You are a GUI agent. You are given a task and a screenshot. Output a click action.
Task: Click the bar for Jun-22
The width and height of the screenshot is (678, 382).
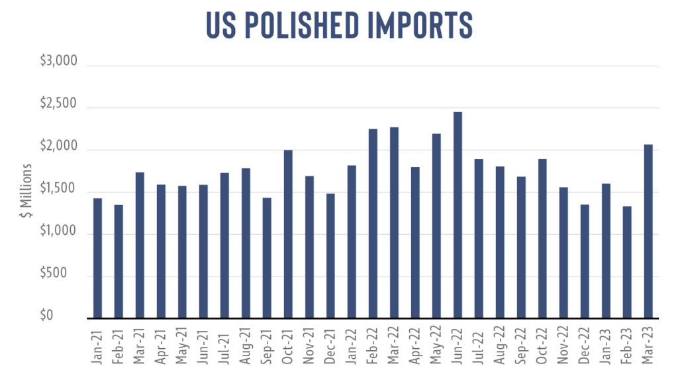(x=458, y=216)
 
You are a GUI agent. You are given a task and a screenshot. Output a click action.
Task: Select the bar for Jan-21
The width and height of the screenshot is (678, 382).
(x=98, y=258)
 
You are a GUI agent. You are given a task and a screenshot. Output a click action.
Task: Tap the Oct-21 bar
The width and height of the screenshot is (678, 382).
(x=288, y=234)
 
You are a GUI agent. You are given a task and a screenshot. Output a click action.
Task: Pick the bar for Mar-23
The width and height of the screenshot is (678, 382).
(x=648, y=231)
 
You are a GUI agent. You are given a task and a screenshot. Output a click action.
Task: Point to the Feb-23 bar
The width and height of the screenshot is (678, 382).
(x=627, y=263)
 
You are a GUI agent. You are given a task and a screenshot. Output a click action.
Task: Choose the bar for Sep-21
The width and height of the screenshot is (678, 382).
(x=267, y=258)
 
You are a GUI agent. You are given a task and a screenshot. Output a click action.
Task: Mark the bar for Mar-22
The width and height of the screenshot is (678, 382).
(x=394, y=223)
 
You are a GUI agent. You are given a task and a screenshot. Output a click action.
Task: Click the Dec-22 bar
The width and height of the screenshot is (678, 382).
(x=585, y=261)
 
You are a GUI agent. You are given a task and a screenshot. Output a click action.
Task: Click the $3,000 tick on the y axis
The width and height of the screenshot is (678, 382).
(x=59, y=60)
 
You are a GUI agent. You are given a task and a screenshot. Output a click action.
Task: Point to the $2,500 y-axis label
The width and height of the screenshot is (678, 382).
(x=58, y=103)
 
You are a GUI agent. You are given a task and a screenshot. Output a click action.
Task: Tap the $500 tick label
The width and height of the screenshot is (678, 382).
(x=54, y=273)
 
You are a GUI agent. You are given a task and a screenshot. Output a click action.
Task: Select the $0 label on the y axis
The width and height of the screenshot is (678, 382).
(x=46, y=315)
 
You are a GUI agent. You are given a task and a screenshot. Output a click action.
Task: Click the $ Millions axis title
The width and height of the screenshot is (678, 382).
(x=26, y=190)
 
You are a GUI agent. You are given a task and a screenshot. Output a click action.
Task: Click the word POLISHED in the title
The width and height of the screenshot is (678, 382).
(x=302, y=25)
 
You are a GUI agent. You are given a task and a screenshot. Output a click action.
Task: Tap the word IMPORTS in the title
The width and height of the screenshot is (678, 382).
(x=420, y=25)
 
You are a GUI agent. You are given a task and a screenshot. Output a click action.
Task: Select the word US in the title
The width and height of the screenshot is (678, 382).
(x=221, y=25)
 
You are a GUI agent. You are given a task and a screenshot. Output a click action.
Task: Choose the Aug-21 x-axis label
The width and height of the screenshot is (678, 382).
(x=245, y=346)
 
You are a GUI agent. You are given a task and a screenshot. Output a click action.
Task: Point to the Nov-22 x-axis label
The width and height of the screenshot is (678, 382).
(x=563, y=346)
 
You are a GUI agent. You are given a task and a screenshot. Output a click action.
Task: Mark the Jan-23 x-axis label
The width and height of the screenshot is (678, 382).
(x=606, y=346)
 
